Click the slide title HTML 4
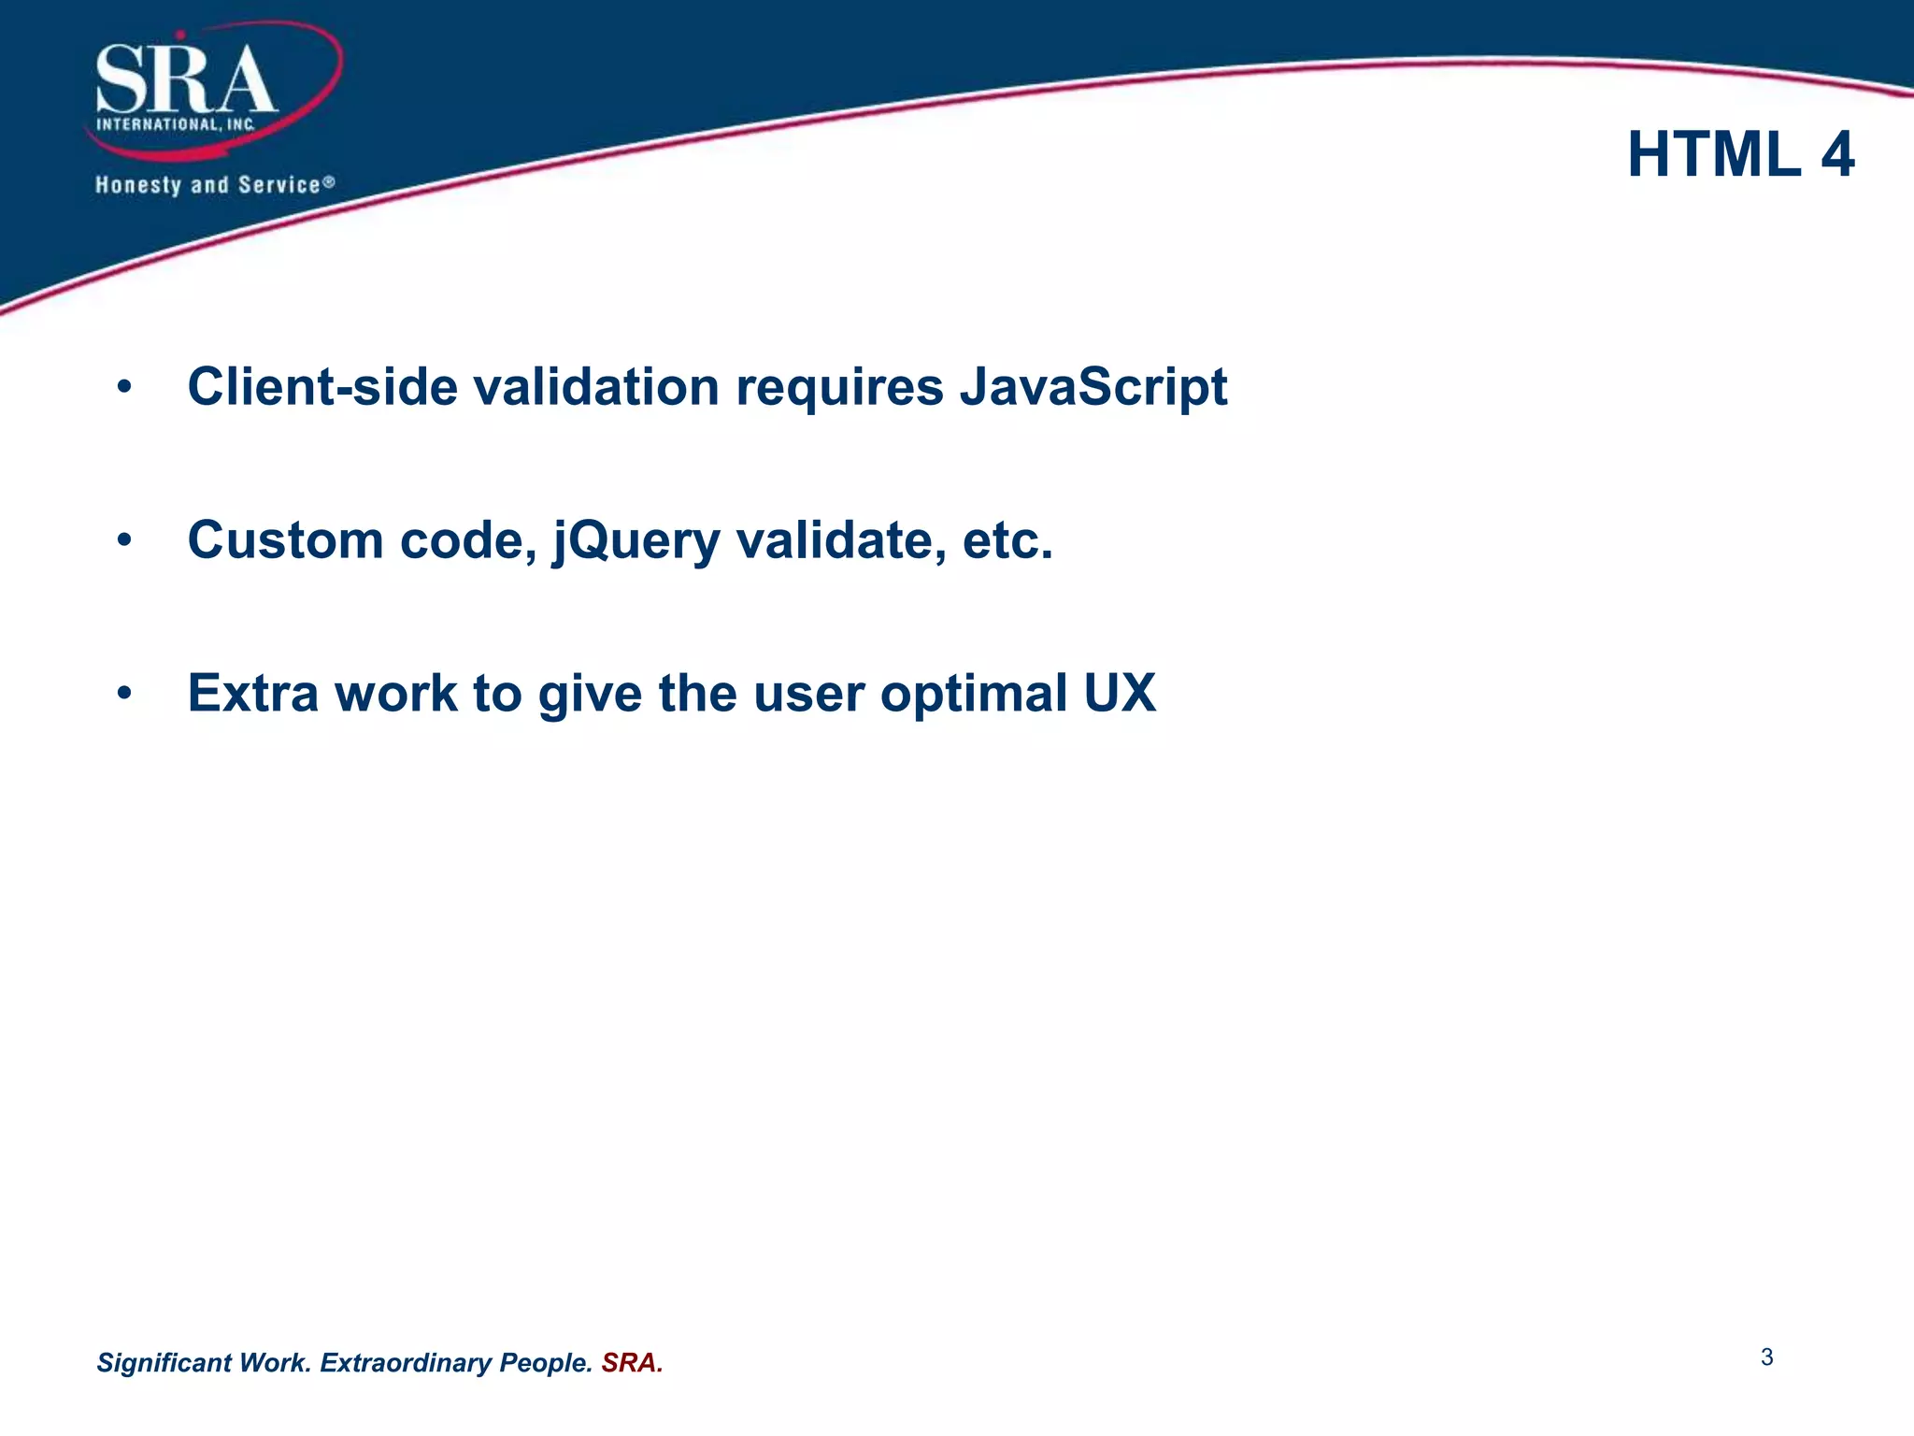(x=1740, y=154)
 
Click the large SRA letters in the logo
(x=186, y=81)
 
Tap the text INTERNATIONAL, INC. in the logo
(x=176, y=124)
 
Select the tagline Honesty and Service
(x=214, y=185)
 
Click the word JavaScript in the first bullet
(x=1093, y=387)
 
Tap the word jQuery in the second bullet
(x=636, y=541)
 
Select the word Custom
(x=285, y=540)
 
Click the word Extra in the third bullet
(x=253, y=694)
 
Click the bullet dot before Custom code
(x=125, y=541)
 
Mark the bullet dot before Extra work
(x=125, y=695)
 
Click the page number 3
(x=1766, y=1357)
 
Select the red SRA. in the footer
(x=632, y=1363)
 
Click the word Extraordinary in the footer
(x=406, y=1363)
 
